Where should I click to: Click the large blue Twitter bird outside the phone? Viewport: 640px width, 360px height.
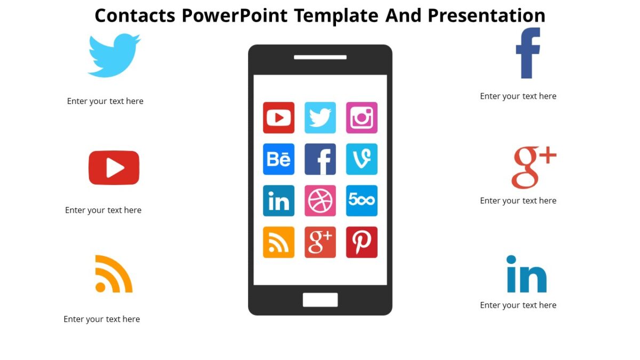(x=114, y=55)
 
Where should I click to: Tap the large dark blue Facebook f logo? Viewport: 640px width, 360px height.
(x=528, y=53)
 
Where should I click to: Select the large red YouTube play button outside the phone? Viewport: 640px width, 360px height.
(x=114, y=168)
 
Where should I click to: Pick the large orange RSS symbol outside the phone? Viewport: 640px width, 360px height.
(x=113, y=274)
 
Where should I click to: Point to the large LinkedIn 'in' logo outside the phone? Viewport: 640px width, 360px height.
(x=526, y=275)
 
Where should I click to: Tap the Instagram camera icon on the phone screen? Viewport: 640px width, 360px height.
(x=362, y=117)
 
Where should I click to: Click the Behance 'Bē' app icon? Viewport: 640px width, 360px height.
(x=278, y=159)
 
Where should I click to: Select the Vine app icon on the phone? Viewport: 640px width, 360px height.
(x=362, y=159)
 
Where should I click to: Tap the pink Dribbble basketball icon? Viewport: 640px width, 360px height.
(x=320, y=201)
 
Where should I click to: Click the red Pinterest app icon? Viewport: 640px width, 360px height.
(x=362, y=242)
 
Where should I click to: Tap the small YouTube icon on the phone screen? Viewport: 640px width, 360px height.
(x=278, y=117)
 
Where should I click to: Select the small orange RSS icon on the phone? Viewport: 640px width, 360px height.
(x=278, y=242)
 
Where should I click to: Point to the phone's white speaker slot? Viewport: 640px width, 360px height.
(x=320, y=57)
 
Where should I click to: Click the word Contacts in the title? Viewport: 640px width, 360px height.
(x=135, y=15)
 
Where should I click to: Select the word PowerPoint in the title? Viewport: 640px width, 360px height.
(x=235, y=15)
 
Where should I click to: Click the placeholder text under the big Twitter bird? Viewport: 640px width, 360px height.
(x=105, y=101)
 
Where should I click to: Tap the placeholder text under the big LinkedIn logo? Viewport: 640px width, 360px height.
(x=518, y=305)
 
